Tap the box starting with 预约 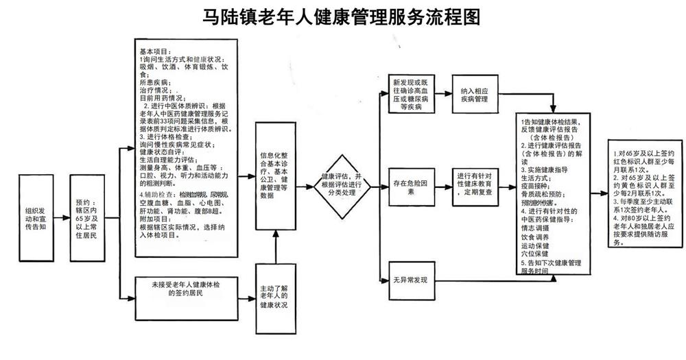click(x=93, y=217)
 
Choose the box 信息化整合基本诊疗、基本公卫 click(x=276, y=176)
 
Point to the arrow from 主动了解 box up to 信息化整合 click(x=275, y=247)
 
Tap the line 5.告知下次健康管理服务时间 click(x=551, y=267)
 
